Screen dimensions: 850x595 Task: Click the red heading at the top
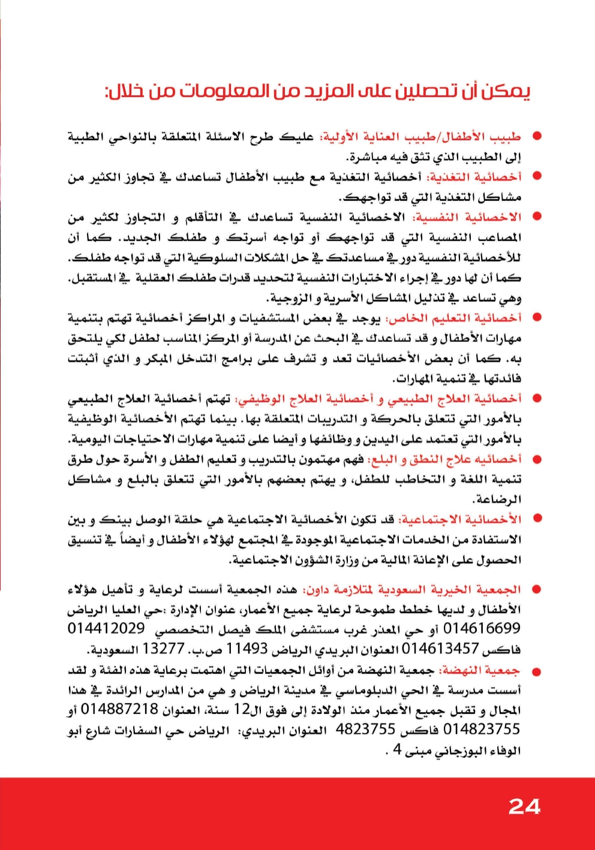pos(317,91)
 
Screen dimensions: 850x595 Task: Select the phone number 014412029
pos(106,629)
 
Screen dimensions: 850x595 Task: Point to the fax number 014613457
pos(440,648)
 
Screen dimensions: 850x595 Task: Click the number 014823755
pos(482,729)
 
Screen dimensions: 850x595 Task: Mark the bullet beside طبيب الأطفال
pos(537,136)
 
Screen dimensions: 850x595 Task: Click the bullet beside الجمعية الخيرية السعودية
pos(537,590)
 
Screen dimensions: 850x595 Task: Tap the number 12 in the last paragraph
pos(242,710)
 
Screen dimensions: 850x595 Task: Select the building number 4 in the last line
pos(397,750)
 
